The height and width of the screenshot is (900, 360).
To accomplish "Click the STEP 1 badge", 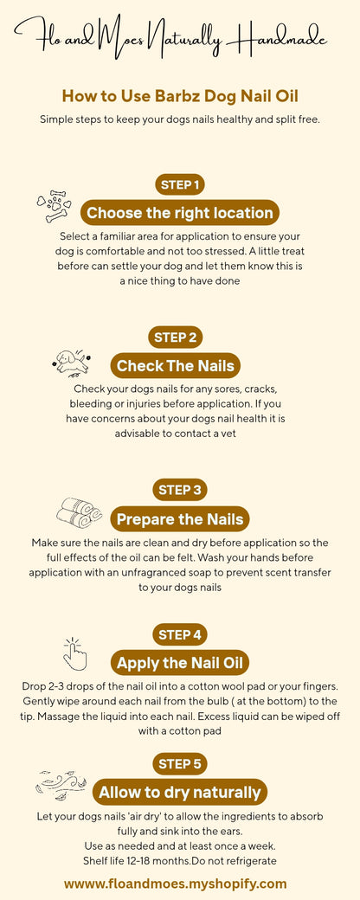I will pyautogui.click(x=180, y=184).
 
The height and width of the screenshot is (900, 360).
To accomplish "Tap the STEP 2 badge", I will pyautogui.click(x=180, y=337).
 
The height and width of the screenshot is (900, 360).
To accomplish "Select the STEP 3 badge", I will pyautogui.click(x=180, y=490).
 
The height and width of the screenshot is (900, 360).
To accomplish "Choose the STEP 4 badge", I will pyautogui.click(x=180, y=635).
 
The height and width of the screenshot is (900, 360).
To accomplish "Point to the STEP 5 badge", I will pyautogui.click(x=180, y=763).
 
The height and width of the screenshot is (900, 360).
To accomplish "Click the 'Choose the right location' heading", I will pyautogui.click(x=180, y=213).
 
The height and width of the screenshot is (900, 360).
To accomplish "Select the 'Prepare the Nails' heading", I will pyautogui.click(x=180, y=519).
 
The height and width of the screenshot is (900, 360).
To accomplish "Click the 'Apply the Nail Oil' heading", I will pyautogui.click(x=180, y=664).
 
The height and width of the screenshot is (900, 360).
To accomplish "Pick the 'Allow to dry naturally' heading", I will pyautogui.click(x=180, y=792).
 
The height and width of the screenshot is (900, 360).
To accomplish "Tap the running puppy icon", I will pyautogui.click(x=71, y=361).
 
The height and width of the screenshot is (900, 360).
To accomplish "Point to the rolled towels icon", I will pyautogui.click(x=79, y=512).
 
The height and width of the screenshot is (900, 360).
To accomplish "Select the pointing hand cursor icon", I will pyautogui.click(x=76, y=654).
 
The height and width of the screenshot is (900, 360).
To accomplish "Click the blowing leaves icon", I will pyautogui.click(x=61, y=785).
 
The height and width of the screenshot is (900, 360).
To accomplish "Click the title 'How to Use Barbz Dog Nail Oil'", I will pyautogui.click(x=180, y=96).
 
